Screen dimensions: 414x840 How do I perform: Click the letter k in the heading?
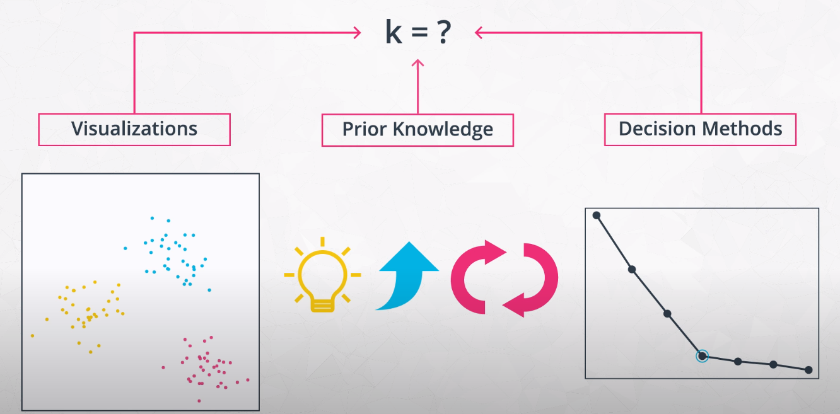click(x=394, y=33)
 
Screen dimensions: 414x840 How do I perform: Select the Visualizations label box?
click(x=134, y=129)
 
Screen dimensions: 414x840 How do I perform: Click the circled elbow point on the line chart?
click(x=702, y=356)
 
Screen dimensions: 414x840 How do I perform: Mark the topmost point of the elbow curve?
click(x=597, y=216)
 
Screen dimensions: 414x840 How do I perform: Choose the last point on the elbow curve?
click(x=808, y=370)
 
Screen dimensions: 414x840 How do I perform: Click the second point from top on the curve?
click(x=632, y=269)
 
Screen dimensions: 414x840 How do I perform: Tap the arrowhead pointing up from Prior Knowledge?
click(x=417, y=62)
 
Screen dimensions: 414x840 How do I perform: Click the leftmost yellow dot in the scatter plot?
click(x=33, y=335)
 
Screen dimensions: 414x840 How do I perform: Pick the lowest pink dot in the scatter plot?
click(x=199, y=401)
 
